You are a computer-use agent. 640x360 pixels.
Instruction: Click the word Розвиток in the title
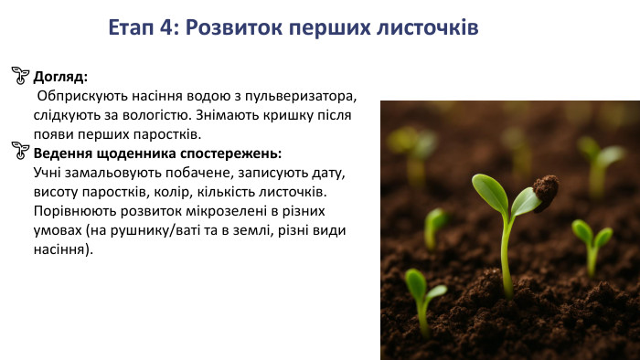point(232,27)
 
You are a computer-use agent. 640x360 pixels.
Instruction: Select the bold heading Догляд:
point(60,77)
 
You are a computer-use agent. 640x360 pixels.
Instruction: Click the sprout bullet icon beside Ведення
point(20,150)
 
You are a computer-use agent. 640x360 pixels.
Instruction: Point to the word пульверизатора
point(304,96)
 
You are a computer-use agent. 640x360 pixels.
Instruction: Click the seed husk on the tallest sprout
point(546,191)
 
